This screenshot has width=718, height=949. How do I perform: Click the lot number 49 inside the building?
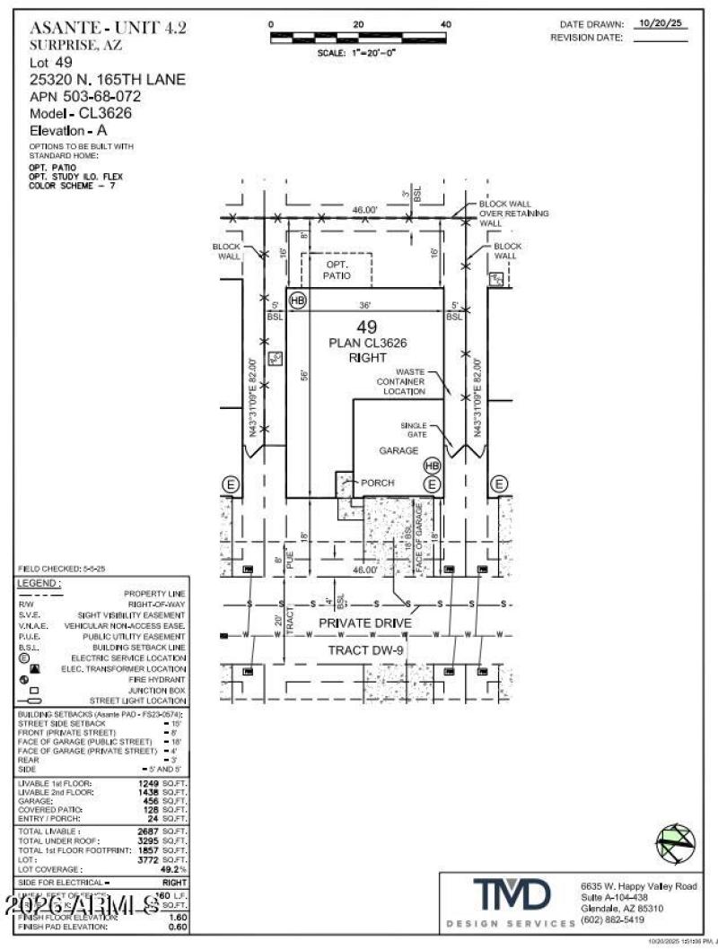(x=365, y=327)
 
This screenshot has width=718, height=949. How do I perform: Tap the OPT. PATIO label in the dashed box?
(x=337, y=271)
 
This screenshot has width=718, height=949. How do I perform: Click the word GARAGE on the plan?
(x=398, y=450)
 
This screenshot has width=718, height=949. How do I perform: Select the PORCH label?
(x=377, y=483)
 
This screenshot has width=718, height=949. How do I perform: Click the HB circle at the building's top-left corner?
(x=297, y=300)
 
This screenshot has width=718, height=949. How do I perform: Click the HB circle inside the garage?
(x=432, y=466)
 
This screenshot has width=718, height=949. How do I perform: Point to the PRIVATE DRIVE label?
(x=365, y=623)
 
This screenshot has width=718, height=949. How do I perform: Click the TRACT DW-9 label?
(x=365, y=649)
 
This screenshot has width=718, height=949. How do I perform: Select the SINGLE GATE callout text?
(x=414, y=429)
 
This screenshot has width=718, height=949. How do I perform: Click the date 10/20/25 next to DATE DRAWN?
(x=660, y=25)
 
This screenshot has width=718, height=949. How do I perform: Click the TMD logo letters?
(x=513, y=896)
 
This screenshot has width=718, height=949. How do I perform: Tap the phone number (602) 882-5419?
(x=613, y=919)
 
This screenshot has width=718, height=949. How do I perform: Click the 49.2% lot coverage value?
(x=172, y=869)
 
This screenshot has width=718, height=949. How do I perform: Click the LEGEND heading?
(x=39, y=584)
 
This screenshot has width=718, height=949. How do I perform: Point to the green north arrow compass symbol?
(x=675, y=841)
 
